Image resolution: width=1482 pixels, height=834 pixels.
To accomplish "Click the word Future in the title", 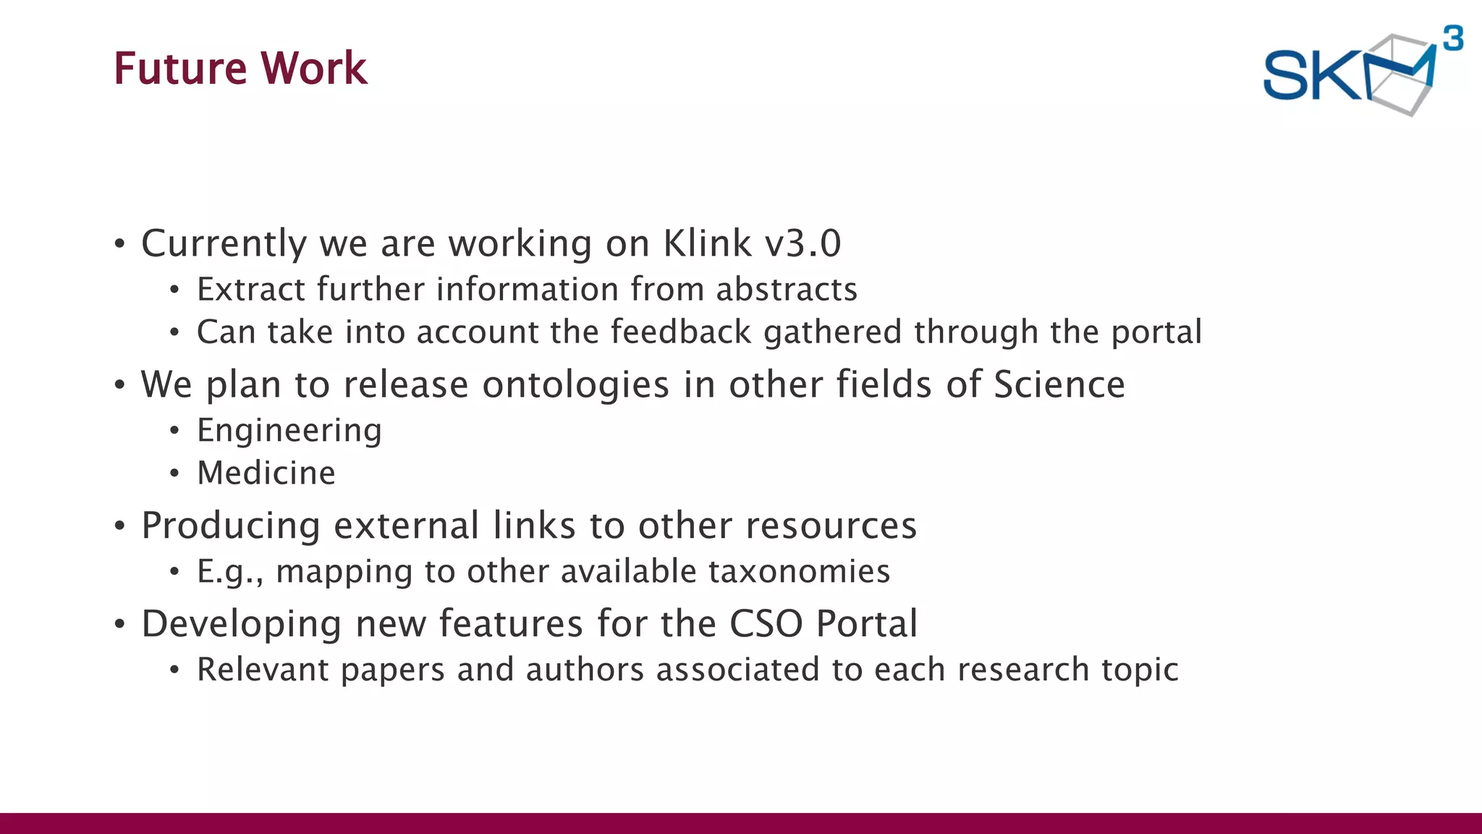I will tap(181, 69).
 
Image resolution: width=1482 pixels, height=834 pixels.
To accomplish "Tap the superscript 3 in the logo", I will tap(1452, 38).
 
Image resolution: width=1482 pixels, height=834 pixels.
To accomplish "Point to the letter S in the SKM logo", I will tap(1286, 75).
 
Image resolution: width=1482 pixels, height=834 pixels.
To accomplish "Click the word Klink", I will tap(707, 243).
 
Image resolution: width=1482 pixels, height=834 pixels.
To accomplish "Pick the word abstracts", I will tap(787, 290).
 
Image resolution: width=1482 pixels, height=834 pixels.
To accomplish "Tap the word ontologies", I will tap(575, 384).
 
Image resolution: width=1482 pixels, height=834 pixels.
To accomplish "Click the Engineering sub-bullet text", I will tap(289, 431).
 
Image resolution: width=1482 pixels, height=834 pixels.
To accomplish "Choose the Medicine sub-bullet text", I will tap(266, 473).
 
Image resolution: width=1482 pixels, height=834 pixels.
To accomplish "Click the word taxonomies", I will tap(799, 572).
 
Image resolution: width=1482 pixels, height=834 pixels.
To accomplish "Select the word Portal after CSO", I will tap(866, 624).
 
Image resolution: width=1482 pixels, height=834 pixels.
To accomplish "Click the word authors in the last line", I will tap(585, 670).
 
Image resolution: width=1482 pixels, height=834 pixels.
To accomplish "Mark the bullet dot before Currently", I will tap(120, 244).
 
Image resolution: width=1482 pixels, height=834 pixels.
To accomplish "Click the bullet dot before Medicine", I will tap(174, 474).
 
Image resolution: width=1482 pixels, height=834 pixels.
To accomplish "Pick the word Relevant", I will tap(263, 670).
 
